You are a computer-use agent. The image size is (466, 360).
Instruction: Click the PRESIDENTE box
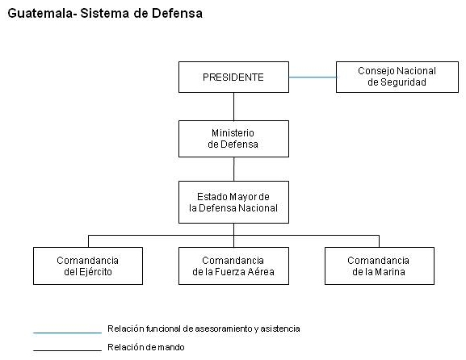233,77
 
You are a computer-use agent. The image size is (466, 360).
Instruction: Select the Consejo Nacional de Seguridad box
397,77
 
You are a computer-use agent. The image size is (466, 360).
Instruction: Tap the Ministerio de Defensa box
233,139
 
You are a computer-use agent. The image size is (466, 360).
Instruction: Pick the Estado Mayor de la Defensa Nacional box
233,203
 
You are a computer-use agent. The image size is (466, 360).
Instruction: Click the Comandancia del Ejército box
88,266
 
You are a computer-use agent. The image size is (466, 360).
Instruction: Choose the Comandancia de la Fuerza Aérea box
233,266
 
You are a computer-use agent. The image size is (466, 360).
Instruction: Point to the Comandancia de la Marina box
380,266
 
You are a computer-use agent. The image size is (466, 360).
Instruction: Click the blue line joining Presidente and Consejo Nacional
313,77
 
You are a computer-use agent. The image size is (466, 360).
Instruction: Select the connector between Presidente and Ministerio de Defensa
233,107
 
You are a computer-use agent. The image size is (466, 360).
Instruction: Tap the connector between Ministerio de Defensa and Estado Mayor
233,170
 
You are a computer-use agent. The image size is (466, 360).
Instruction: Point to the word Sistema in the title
105,14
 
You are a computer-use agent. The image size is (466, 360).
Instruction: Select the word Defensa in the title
177,14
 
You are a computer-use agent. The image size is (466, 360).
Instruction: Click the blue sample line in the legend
68,333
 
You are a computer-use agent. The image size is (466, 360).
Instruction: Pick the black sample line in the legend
68,351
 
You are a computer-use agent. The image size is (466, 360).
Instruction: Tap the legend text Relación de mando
146,347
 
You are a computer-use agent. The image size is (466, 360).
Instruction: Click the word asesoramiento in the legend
224,329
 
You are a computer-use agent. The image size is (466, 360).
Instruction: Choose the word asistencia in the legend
280,329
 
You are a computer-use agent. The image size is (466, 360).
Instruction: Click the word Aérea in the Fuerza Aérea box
262,271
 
